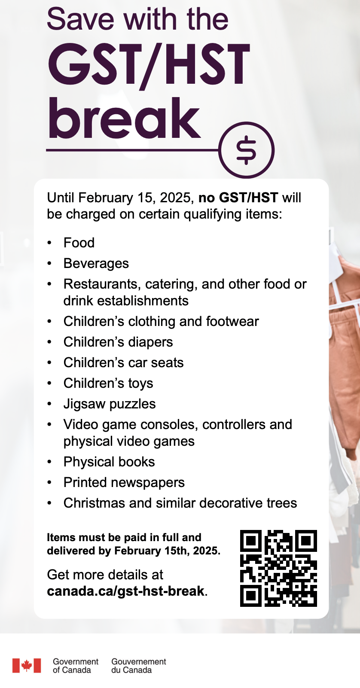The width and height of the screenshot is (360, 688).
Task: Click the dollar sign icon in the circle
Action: click(x=246, y=150)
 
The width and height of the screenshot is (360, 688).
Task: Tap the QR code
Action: click(x=278, y=568)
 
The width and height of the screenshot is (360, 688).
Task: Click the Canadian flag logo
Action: click(x=27, y=665)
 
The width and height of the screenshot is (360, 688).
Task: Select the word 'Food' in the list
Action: click(x=79, y=243)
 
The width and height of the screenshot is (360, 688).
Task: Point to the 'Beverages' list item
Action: click(x=96, y=263)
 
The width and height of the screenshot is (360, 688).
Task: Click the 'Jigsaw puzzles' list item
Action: click(x=110, y=404)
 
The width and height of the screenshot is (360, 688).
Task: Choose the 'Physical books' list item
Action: click(x=109, y=462)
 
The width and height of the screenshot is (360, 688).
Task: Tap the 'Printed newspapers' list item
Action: click(x=124, y=482)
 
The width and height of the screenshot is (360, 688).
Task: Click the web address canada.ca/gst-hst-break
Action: click(x=126, y=591)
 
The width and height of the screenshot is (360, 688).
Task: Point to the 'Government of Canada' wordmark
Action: click(x=76, y=666)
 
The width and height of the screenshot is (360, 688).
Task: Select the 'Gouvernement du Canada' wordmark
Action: click(x=138, y=666)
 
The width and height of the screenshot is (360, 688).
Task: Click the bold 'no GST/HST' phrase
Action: click(x=238, y=198)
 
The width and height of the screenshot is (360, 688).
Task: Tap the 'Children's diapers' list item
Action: click(x=118, y=342)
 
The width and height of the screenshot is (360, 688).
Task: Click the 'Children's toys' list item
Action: click(x=108, y=383)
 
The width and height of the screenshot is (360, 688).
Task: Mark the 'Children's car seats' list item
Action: click(x=123, y=362)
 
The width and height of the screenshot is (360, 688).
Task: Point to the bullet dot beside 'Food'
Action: click(x=50, y=243)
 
